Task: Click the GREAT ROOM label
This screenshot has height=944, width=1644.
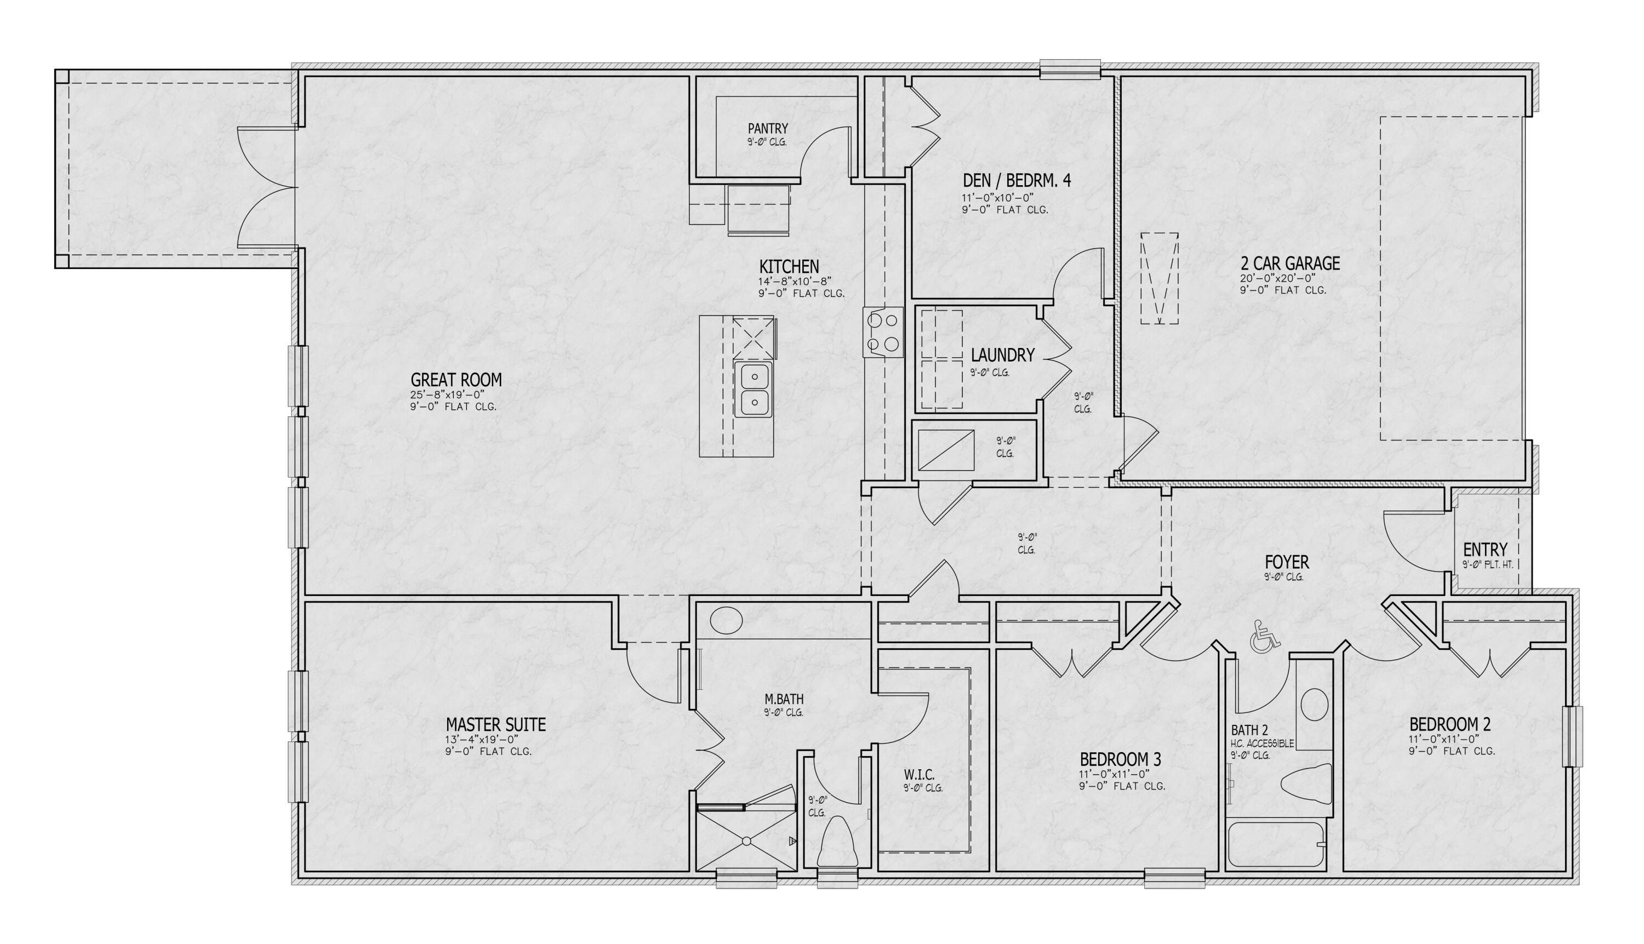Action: (456, 380)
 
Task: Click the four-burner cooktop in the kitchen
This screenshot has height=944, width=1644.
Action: (883, 331)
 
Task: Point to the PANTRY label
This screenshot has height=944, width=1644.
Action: (767, 128)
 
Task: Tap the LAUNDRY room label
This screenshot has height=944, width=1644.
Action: (1002, 355)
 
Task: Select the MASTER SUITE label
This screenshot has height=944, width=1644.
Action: (495, 724)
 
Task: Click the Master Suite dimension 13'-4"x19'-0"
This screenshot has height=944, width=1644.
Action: (481, 740)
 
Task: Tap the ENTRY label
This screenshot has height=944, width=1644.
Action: (1485, 550)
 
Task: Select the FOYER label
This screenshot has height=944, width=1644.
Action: (1287, 562)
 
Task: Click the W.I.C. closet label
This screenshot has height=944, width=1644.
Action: (918, 775)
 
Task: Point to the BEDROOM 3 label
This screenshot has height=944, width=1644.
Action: (1120, 759)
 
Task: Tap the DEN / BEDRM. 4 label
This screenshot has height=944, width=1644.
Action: (1016, 181)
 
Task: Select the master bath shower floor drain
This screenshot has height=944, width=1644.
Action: (746, 841)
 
